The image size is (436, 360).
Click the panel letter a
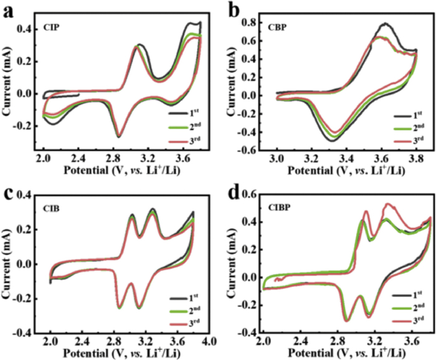pos(9,11)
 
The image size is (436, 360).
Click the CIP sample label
pos(50,27)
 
